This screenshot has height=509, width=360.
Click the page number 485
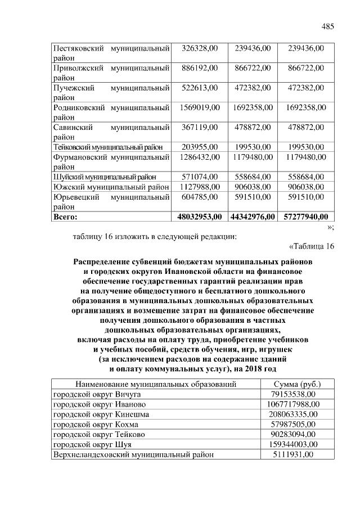tap(328, 27)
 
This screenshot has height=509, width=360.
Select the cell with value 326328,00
tap(200, 49)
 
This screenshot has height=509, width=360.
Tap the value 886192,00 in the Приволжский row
tap(200, 68)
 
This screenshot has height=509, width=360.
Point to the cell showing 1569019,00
tap(200, 107)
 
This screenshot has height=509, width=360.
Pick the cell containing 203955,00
tap(200, 147)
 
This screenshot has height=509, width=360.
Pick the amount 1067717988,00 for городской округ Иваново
tap(292, 404)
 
